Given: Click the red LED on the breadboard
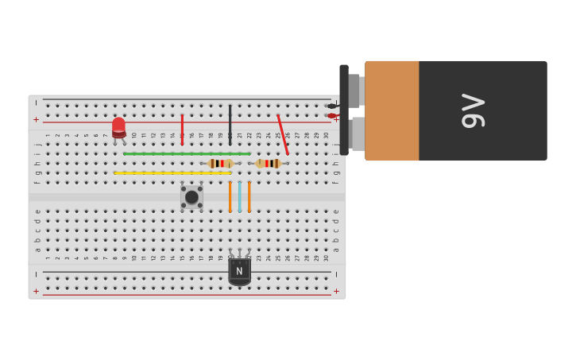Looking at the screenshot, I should click(118, 126).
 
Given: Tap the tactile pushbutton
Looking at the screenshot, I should click(191, 197).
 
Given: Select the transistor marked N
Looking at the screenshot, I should click(239, 270).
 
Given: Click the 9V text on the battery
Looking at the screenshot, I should click(473, 110).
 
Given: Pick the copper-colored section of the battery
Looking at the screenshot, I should click(392, 110).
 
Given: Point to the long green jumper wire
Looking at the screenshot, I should click(187, 153).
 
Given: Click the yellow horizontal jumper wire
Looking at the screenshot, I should click(172, 172).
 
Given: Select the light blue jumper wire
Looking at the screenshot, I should click(239, 196).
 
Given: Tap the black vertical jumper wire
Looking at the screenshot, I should click(230, 124).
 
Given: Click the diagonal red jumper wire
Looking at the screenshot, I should click(283, 134).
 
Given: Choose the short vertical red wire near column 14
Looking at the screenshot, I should click(182, 129).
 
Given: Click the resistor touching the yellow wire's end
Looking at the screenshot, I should click(219, 163).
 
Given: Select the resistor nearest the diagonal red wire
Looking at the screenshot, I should click(269, 163).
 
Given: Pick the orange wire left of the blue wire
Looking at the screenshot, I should click(230, 196).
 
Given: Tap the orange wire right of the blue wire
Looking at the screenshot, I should click(249, 196).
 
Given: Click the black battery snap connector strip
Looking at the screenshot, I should click(344, 110).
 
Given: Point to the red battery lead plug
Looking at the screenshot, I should click(332, 116).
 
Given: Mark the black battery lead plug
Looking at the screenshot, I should click(332, 106).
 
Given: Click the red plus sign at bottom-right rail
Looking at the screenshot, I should click(336, 292).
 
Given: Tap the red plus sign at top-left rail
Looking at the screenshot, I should click(36, 119).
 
